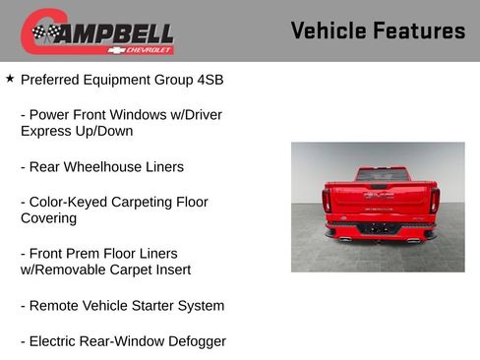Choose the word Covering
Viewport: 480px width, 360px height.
click(48, 218)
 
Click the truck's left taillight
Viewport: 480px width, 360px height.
click(327, 200)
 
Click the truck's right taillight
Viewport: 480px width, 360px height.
click(433, 200)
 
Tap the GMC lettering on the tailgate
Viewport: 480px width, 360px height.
click(379, 196)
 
